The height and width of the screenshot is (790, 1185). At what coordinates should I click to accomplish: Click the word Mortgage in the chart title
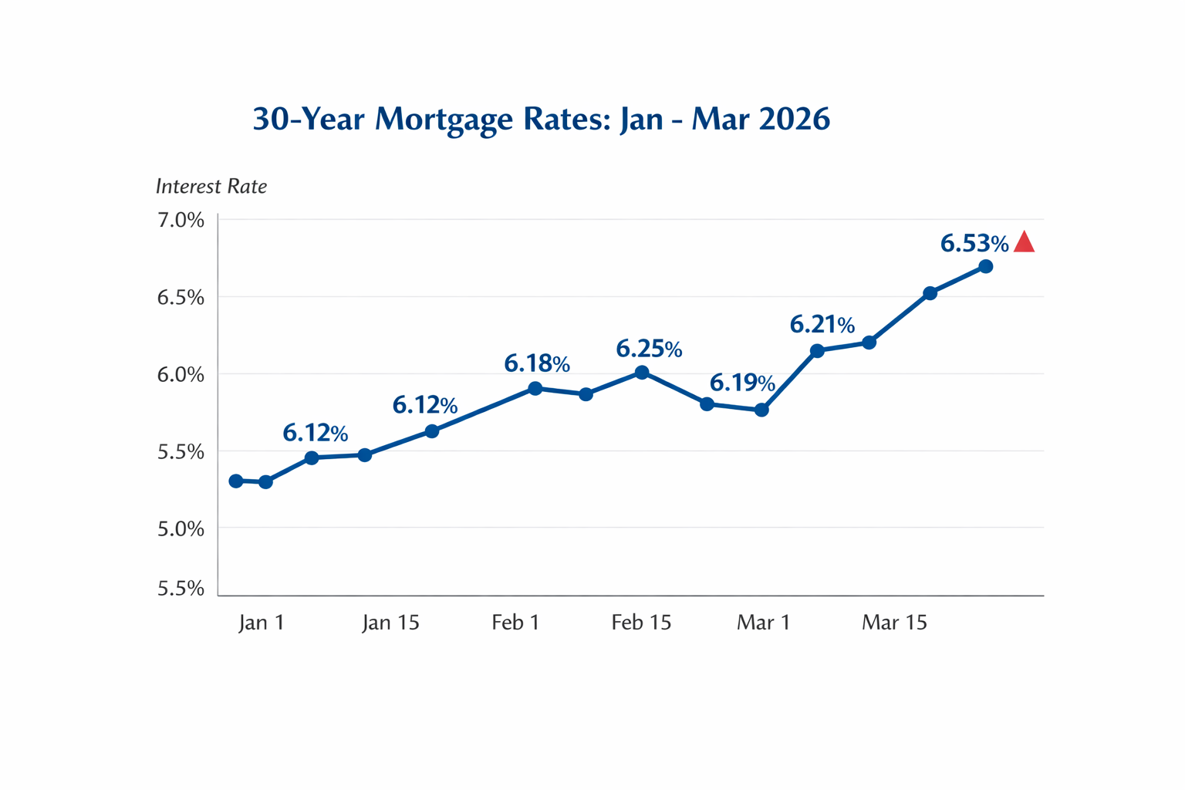444,120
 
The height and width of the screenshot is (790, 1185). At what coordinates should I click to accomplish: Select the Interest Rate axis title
211,186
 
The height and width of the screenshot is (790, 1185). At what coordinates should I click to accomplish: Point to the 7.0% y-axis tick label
181,220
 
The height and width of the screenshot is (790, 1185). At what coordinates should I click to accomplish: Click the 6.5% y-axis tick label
181,298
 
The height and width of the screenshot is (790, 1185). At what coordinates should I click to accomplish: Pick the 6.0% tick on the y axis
181,375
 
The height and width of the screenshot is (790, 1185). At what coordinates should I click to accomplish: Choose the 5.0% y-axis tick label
181,529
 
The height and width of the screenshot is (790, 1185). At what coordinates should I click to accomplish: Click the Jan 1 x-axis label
262,623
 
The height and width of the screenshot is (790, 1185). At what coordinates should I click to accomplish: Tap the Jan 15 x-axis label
390,623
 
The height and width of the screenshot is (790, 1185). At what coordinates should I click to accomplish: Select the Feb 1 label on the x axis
516,623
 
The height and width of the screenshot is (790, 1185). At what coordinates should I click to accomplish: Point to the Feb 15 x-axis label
641,623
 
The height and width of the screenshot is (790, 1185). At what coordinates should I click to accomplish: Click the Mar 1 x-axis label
763,623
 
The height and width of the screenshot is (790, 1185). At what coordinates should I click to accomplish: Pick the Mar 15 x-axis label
895,623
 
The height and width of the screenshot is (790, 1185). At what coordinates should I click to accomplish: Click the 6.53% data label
974,243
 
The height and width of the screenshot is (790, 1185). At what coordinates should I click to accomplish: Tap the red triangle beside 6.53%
1025,241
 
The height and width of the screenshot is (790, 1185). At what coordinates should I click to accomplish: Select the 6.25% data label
649,349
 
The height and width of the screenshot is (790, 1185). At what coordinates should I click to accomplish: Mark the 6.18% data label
537,363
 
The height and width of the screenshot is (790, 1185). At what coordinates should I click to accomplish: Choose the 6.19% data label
742,383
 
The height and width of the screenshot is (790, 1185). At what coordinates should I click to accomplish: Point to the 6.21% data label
822,324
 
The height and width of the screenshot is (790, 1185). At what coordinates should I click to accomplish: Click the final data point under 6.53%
985,267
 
